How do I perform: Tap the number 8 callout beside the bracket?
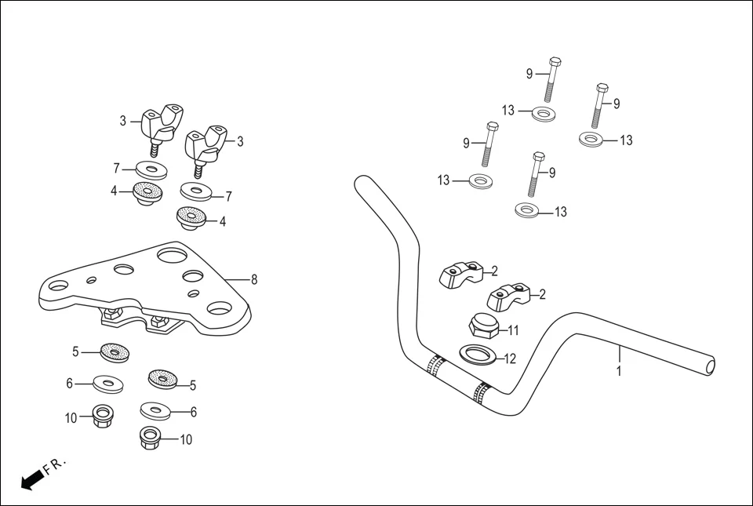tap(254, 279)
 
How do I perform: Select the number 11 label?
tap(514, 330)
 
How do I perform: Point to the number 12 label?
tap(511, 359)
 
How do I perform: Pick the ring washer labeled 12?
tap(477, 355)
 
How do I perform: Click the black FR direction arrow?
tap(31, 479)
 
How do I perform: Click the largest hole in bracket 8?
tap(172, 254)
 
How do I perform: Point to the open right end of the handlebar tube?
tap(710, 366)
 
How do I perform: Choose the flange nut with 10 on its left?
tap(100, 415)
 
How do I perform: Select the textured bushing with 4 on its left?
tap(147, 192)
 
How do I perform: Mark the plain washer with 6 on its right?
tap(157, 410)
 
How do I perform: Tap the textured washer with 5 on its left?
tap(115, 354)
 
